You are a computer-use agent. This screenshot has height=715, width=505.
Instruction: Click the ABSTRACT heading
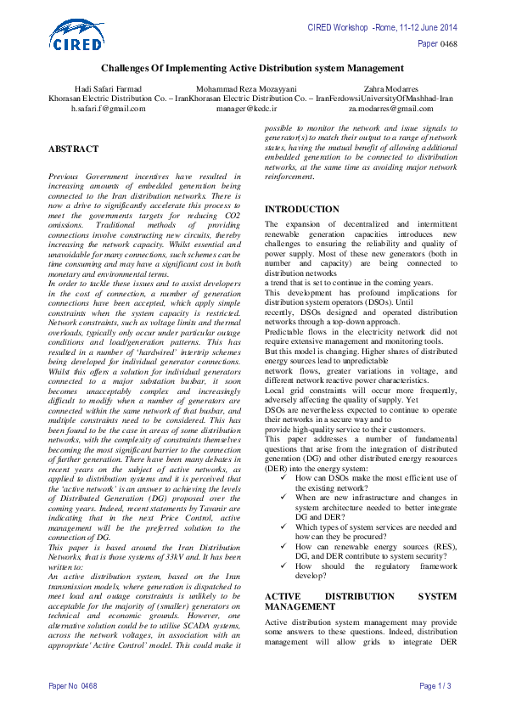(73, 148)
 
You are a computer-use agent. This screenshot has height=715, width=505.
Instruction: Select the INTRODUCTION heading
(303, 209)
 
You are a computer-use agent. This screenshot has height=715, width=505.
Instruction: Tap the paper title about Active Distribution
(252, 67)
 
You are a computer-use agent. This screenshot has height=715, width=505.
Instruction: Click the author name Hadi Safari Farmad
(109, 88)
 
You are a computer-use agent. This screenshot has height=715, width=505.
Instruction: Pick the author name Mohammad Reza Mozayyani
(246, 88)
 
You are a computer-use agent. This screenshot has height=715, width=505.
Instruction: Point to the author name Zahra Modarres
(390, 88)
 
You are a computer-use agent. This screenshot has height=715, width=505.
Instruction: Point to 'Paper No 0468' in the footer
(73, 685)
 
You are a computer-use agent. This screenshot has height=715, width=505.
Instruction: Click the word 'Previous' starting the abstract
(65, 175)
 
